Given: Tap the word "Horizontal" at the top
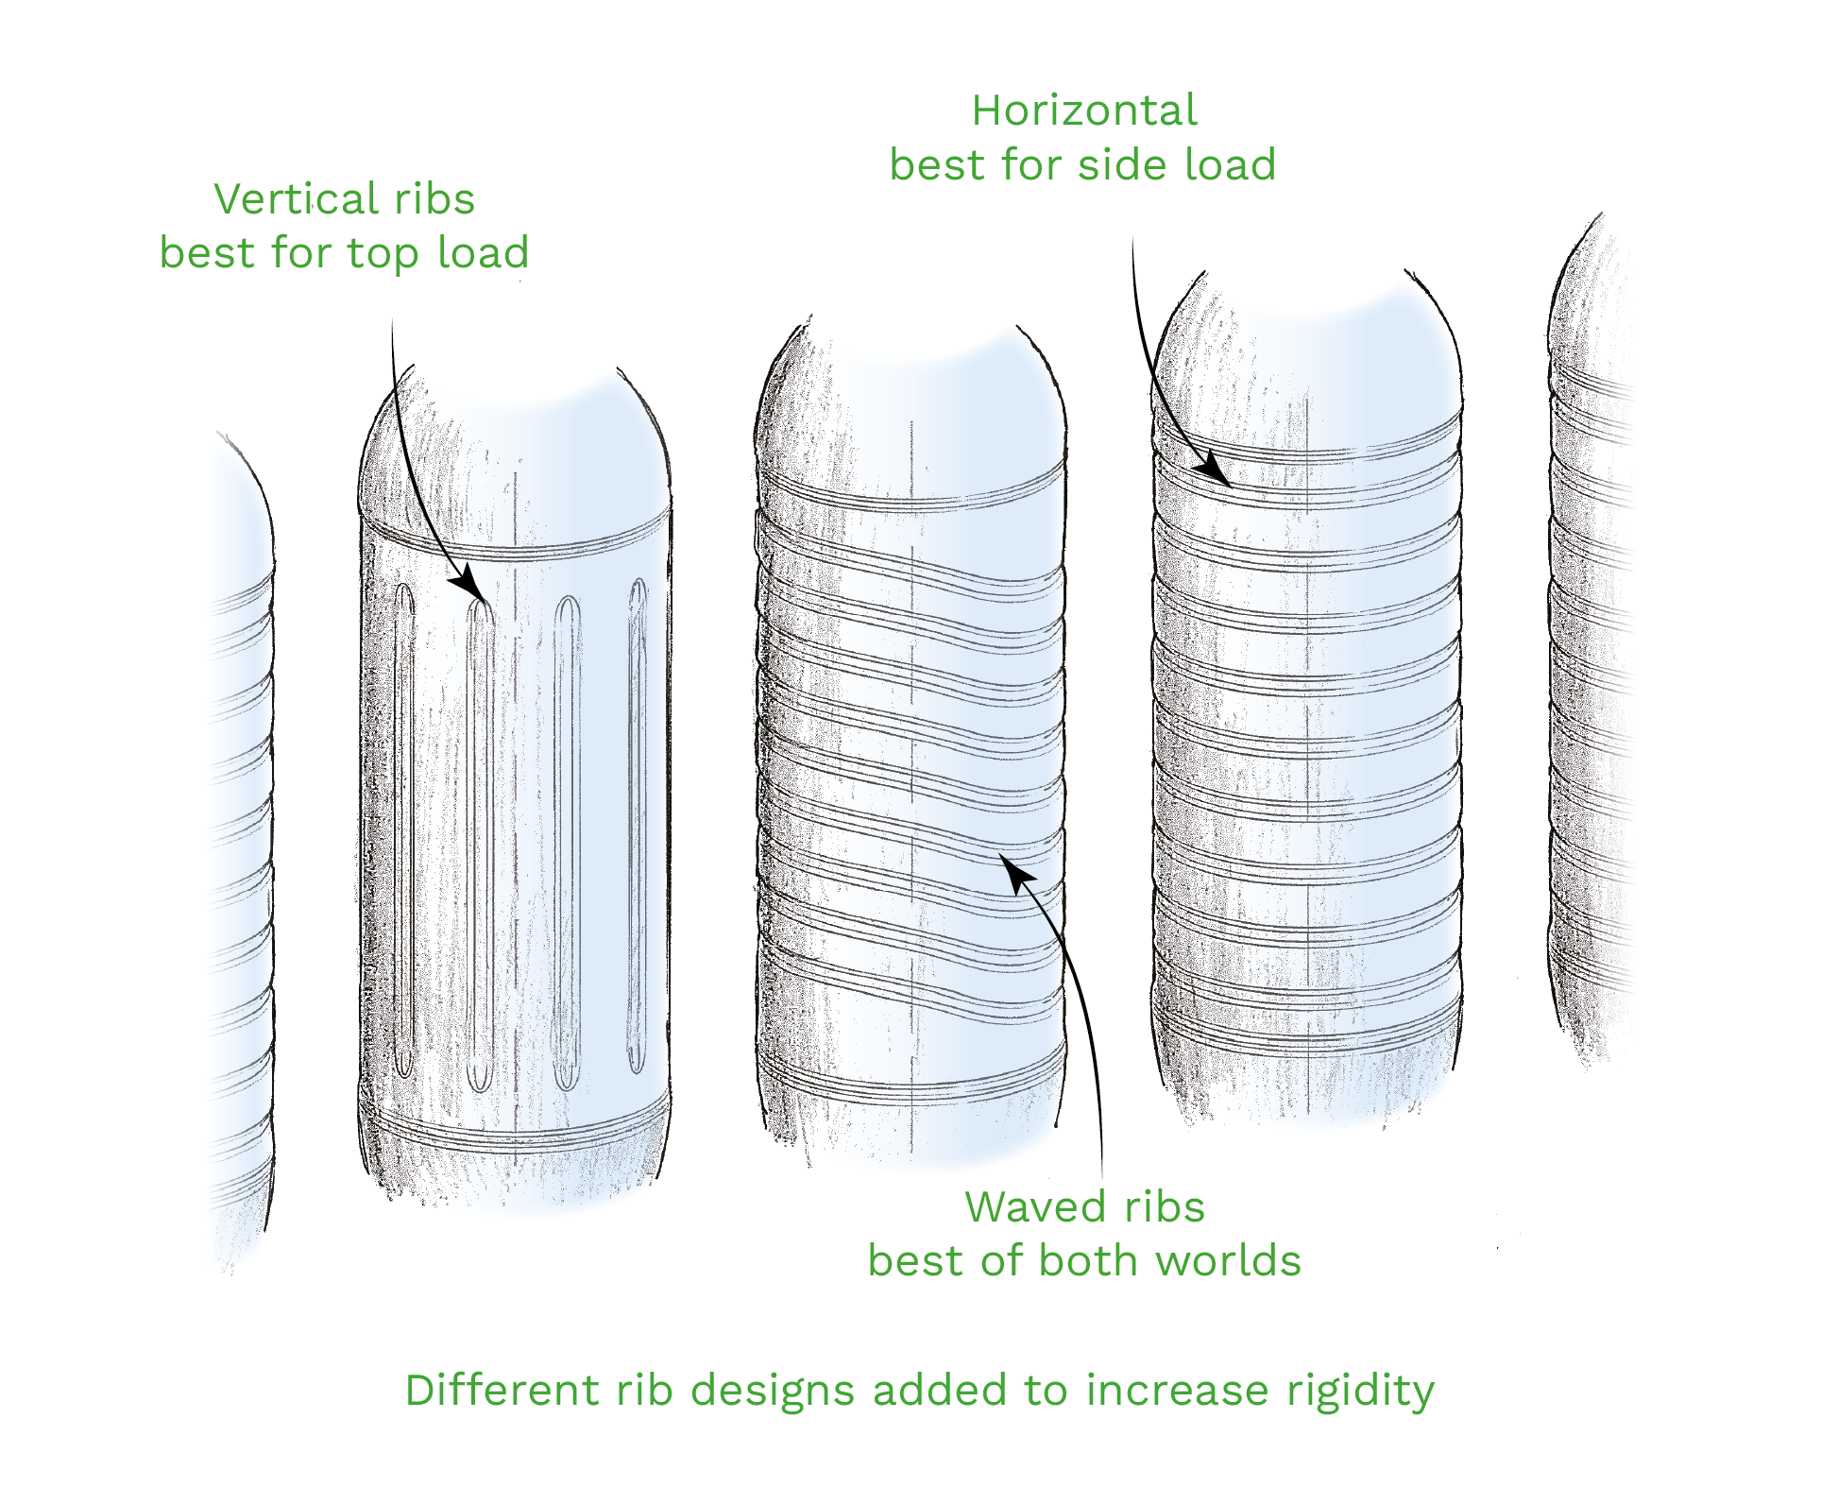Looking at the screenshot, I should (1084, 111).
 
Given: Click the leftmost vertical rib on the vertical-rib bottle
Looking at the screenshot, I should (404, 831).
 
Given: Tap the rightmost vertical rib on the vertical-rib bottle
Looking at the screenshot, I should (638, 827).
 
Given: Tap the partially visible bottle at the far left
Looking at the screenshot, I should (242, 850).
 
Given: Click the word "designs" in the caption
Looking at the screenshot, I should (773, 1391).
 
